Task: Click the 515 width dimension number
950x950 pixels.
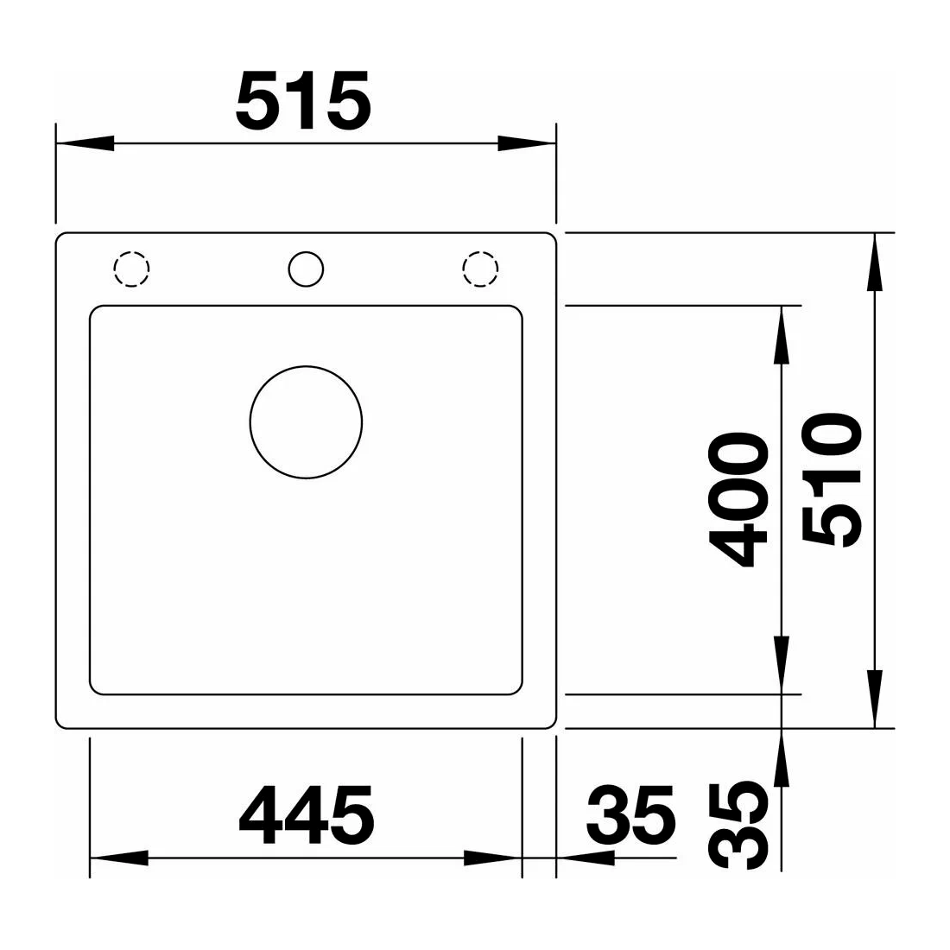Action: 303,100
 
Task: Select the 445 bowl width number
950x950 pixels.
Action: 307,815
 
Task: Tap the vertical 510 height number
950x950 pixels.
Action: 831,480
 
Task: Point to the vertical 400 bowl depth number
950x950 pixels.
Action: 738,499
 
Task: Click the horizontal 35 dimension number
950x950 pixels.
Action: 630,815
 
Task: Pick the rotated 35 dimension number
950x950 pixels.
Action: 738,825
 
